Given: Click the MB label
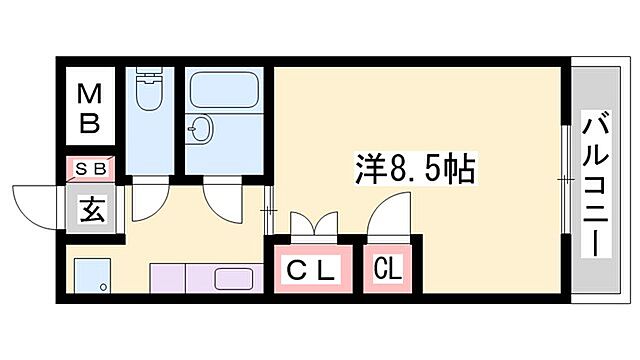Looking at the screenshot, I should pos(90,109).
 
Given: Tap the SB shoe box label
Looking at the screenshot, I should pos(91,168).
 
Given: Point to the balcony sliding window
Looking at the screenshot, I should pos(566,180).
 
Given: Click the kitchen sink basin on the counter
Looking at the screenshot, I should pos(234,278).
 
